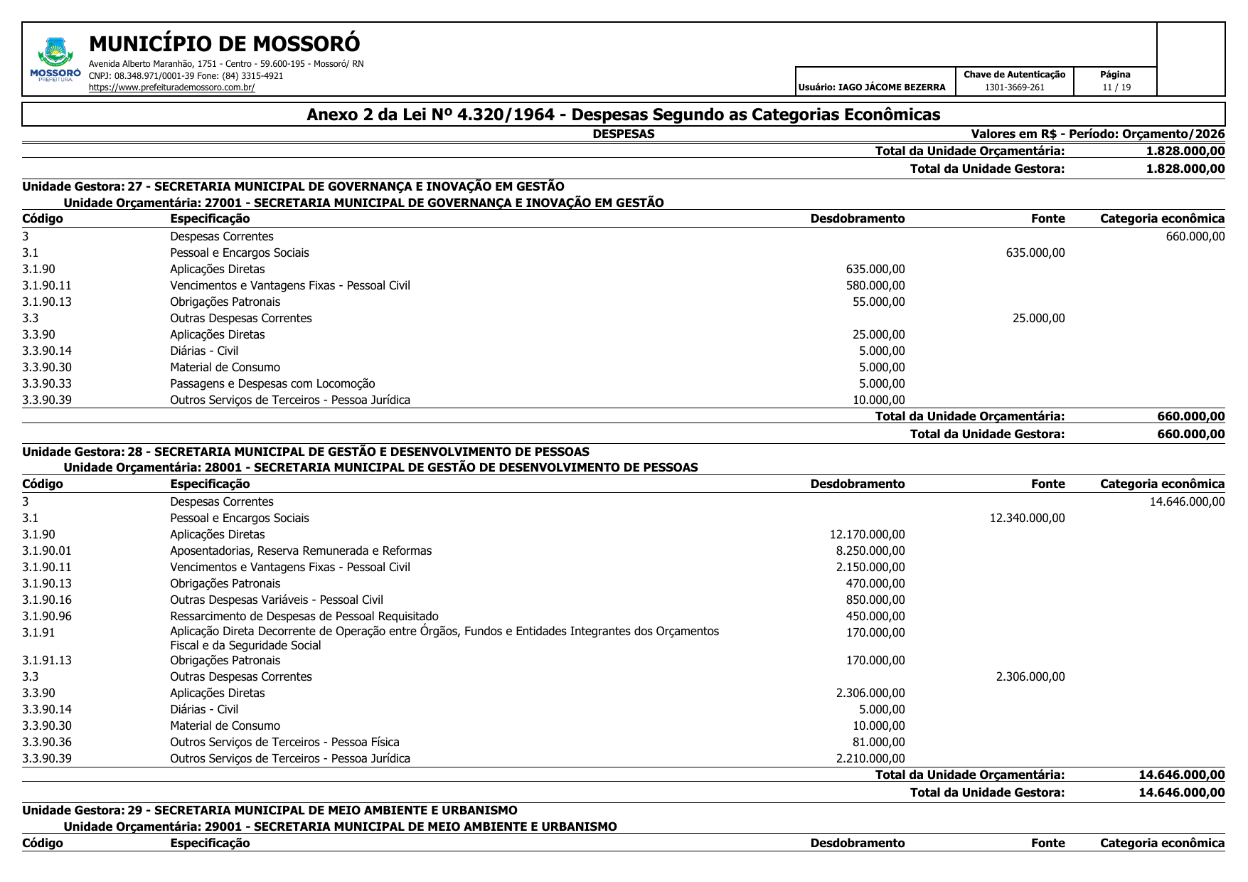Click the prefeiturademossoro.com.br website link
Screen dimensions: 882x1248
pos(171,87)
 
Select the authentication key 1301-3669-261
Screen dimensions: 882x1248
pos(1014,87)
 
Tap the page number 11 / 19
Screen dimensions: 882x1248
pos(1116,87)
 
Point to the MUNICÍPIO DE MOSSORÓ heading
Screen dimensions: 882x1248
pos(225,44)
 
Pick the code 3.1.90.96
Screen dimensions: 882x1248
pos(47,616)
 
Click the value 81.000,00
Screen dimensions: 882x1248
pos(878,742)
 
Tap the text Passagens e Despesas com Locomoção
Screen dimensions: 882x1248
pos(272,383)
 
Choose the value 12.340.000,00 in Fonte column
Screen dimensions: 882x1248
pos(1027,518)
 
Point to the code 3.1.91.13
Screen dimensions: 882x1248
pos(47,660)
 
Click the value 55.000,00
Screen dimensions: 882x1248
pos(878,302)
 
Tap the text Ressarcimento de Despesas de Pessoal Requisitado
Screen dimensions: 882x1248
pos(304,616)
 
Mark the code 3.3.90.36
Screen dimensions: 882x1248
pos(47,742)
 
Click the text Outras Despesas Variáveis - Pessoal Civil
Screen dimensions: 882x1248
pos(277,600)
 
